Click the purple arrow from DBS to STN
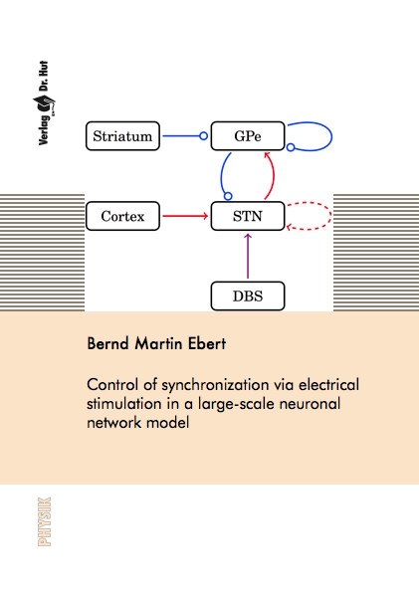(x=248, y=257)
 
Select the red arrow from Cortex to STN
(x=185, y=216)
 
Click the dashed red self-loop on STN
(x=331, y=216)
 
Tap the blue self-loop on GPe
(x=331, y=136)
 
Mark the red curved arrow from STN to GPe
(x=274, y=175)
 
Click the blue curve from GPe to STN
(x=221, y=175)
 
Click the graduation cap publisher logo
(x=44, y=104)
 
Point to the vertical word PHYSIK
(x=44, y=521)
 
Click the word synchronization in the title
(x=215, y=385)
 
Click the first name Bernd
(x=108, y=343)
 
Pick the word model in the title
(x=168, y=422)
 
